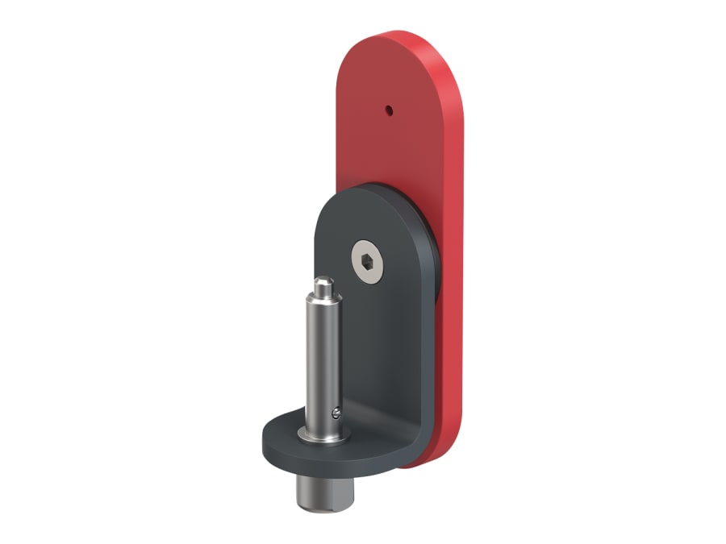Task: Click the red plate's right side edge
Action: (x=458, y=242)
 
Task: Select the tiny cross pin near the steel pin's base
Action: (x=336, y=412)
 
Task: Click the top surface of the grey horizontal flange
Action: (x=282, y=431)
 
